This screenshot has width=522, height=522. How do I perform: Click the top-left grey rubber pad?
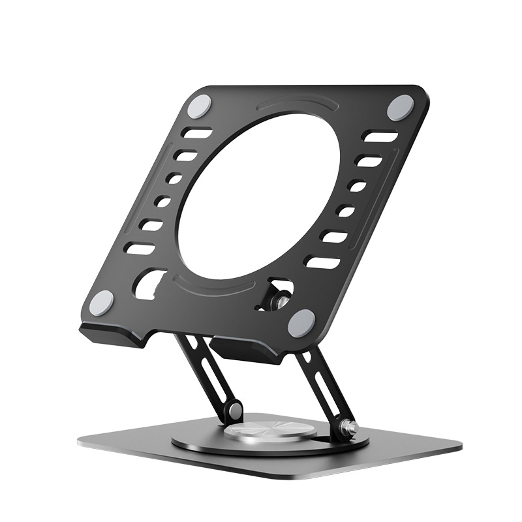click(200, 105)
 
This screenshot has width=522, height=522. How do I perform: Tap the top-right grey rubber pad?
click(400, 107)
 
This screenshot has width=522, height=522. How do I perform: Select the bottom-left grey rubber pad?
click(101, 303)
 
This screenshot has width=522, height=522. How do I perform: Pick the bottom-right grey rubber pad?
click(301, 323)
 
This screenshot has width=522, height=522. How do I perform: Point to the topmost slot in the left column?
click(196, 134)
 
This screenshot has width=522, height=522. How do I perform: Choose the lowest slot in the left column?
click(140, 249)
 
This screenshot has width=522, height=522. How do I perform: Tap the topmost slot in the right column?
click(380, 137)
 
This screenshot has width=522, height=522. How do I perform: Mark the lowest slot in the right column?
click(322, 262)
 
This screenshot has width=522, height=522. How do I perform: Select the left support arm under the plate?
click(207, 372)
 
